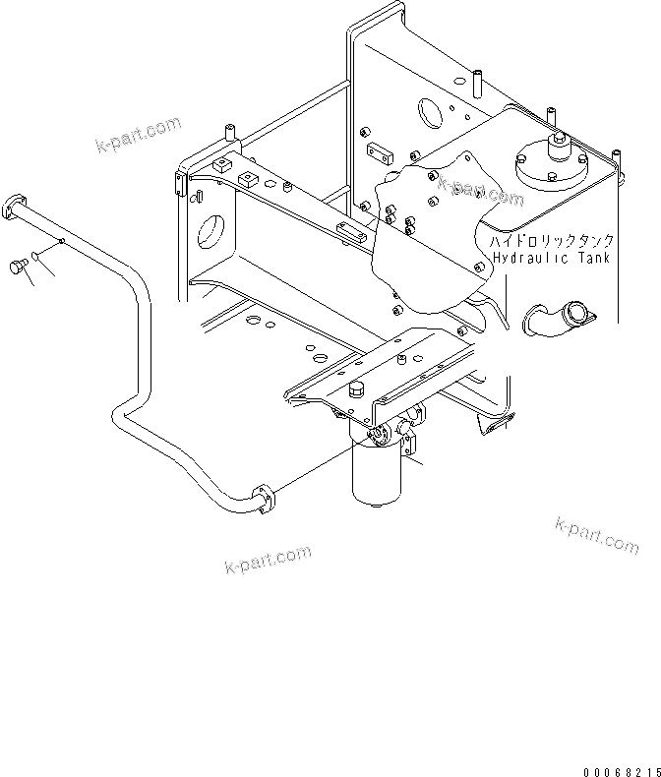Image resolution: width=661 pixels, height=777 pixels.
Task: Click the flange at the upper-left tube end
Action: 14,205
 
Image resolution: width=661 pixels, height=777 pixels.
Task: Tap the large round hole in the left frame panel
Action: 212,234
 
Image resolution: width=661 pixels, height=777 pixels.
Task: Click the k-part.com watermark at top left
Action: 139,135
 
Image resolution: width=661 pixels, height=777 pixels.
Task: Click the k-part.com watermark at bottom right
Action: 596,534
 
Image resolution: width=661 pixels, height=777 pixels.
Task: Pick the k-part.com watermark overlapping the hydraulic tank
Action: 481,191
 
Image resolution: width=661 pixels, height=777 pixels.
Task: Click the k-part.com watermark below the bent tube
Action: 268,561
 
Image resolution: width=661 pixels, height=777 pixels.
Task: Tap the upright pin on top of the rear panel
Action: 475,78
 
